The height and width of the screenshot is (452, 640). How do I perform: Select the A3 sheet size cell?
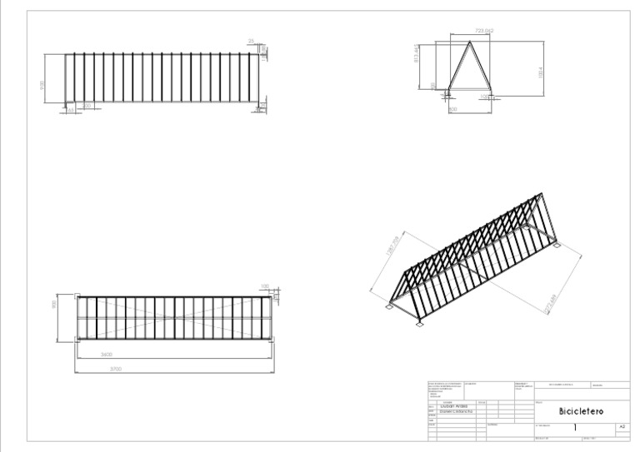click(621, 426)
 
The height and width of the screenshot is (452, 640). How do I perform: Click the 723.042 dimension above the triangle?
click(484, 31)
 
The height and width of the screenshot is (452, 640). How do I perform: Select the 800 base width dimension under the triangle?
click(453, 109)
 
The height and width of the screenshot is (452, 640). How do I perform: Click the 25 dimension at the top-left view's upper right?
click(251, 40)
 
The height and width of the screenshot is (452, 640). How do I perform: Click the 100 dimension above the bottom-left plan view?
click(265, 286)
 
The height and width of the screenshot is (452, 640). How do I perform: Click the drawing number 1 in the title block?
click(575, 426)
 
